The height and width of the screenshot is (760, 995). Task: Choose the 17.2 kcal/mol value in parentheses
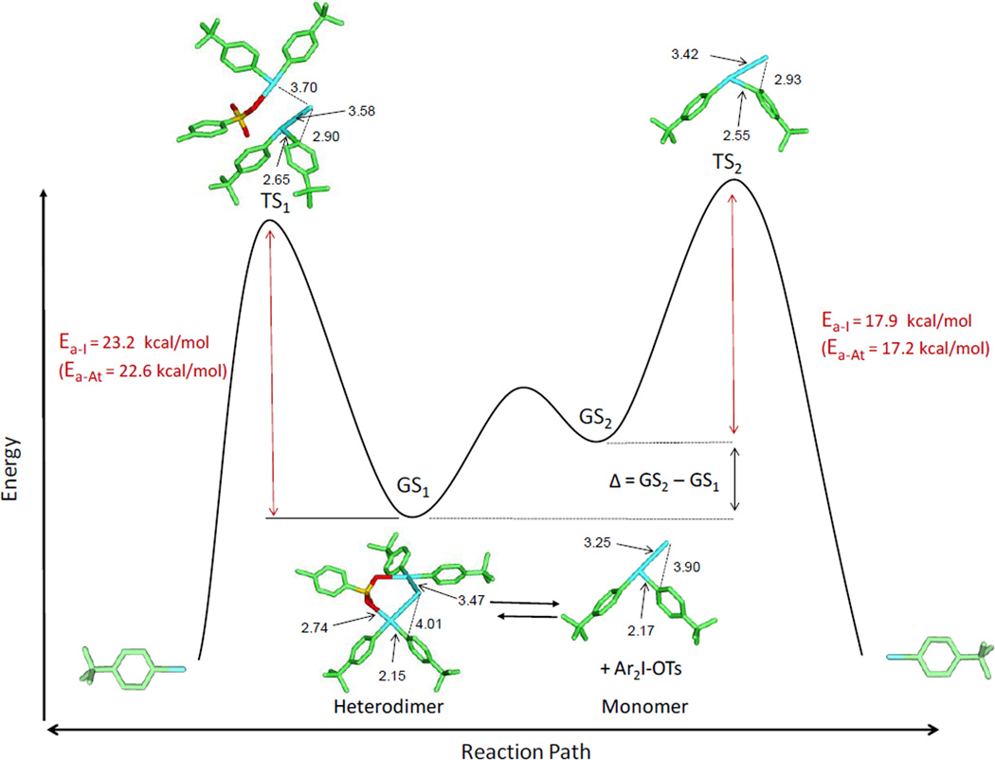click(x=906, y=348)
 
